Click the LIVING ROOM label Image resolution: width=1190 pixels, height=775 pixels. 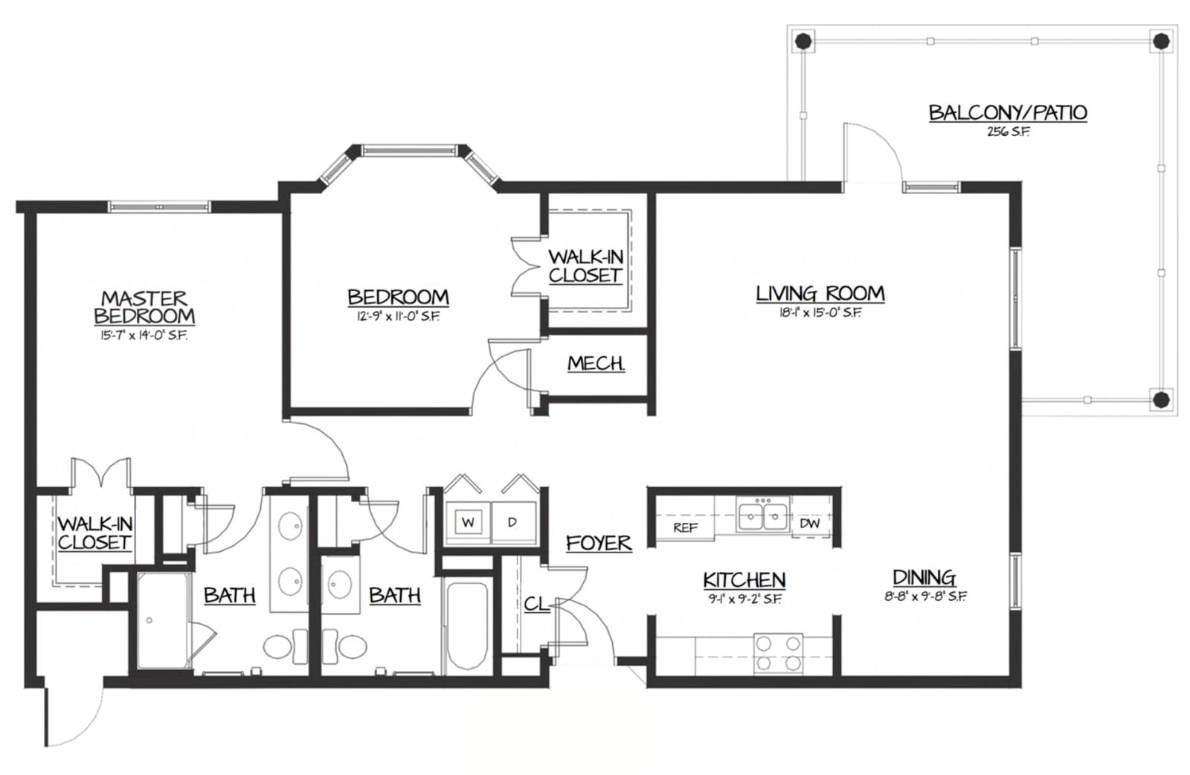(x=820, y=293)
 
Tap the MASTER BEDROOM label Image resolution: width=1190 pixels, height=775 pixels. (x=144, y=307)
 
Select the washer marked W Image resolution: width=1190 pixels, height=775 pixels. (x=468, y=522)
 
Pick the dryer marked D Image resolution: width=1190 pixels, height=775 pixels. (x=512, y=522)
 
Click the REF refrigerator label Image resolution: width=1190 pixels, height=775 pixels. (x=685, y=527)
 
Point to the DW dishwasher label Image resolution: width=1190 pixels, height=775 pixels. (x=810, y=523)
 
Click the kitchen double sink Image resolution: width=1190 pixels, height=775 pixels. (x=763, y=515)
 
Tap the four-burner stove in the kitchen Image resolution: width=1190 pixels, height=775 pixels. (x=778, y=653)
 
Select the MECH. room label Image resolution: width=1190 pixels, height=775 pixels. (x=596, y=364)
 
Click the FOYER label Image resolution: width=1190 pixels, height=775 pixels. (x=599, y=543)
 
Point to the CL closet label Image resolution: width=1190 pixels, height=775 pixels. (x=536, y=603)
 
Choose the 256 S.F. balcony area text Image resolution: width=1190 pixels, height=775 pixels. (x=1008, y=132)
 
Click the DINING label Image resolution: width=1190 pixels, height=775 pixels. (x=924, y=577)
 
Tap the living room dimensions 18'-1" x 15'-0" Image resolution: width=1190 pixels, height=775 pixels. (x=820, y=312)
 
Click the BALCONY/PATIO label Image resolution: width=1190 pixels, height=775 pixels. (x=1008, y=112)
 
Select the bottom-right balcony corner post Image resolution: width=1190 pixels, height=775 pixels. (x=1161, y=399)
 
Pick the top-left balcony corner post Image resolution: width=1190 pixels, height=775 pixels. (x=803, y=40)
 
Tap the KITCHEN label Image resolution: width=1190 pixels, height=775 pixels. (x=744, y=579)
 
